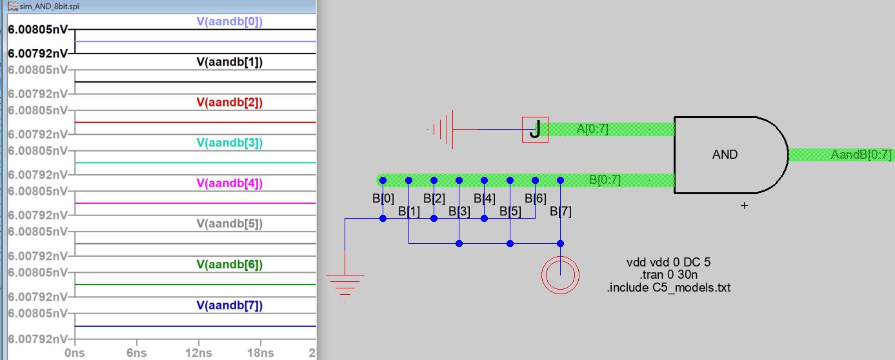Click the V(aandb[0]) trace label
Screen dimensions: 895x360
(229, 21)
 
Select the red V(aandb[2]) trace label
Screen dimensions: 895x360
(229, 103)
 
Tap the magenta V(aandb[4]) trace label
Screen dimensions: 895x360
(229, 183)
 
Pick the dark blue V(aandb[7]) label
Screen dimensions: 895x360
(229, 305)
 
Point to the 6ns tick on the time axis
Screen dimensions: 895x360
(137, 353)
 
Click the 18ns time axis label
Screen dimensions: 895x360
(261, 353)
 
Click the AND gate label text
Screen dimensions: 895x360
(725, 155)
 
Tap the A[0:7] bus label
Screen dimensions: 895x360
(592, 129)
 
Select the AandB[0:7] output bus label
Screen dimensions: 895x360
(861, 155)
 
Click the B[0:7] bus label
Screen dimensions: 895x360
(605, 180)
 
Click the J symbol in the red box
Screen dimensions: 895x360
(535, 130)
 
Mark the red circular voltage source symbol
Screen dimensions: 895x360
(560, 275)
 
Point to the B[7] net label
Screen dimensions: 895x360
(561, 212)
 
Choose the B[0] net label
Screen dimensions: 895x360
(383, 199)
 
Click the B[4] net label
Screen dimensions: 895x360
(484, 199)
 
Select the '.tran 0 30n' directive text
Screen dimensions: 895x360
(669, 275)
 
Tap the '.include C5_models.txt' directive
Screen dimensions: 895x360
(669, 288)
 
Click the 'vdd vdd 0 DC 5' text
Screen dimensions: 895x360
(669, 262)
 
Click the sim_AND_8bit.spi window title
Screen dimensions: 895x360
(49, 6)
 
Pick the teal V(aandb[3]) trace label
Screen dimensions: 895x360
(229, 143)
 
